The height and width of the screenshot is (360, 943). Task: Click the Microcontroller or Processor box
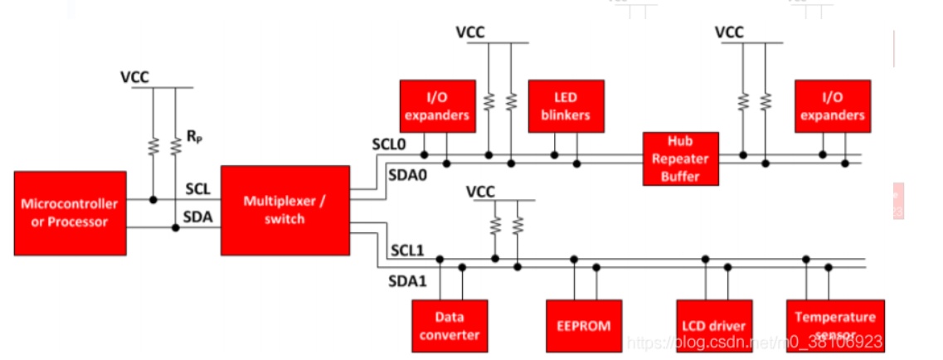(x=70, y=213)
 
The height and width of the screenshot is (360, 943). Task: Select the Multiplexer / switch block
(x=285, y=210)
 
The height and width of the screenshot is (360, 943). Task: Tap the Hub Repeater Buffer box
(x=680, y=158)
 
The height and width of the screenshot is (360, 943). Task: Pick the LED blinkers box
(x=566, y=106)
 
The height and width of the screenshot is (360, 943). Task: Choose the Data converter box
(x=450, y=325)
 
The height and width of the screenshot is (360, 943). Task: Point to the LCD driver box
(x=713, y=325)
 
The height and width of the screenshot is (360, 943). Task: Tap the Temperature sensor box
(x=834, y=324)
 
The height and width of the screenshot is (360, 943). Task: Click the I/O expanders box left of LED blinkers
(x=437, y=106)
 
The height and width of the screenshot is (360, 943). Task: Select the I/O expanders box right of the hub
(x=833, y=106)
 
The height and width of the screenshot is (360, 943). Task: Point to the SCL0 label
(x=388, y=144)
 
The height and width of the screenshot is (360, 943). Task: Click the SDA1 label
(x=407, y=281)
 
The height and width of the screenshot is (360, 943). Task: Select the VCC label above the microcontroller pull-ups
(x=134, y=77)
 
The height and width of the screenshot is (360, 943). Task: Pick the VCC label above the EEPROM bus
(x=481, y=192)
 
